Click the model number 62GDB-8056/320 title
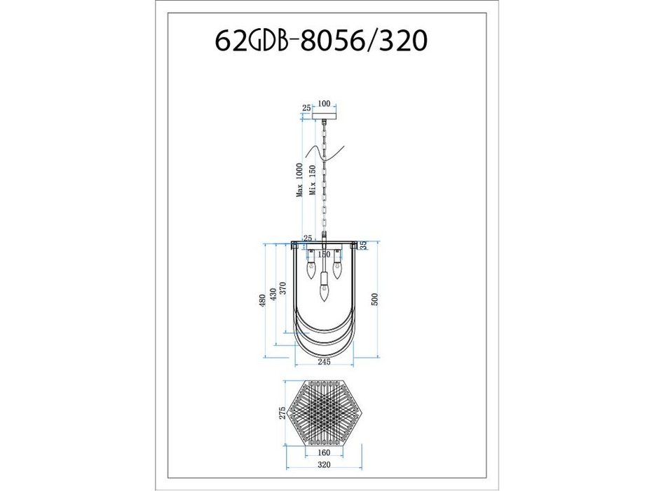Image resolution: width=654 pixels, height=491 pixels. tap(321, 41)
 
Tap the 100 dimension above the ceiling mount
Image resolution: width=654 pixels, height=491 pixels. tap(324, 104)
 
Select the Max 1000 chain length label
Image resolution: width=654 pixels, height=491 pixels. tap(299, 180)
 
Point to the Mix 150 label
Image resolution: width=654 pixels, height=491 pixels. tap(313, 180)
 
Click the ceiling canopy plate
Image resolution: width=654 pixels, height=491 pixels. tap(324, 115)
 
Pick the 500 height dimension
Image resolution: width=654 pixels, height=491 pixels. tap(374, 300)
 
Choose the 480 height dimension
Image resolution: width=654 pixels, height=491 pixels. tap(262, 301)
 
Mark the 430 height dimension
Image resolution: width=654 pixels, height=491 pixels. tap(273, 295)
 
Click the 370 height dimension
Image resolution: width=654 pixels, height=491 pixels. tap(282, 288)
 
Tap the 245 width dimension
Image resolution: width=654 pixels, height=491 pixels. tap(324, 361)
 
